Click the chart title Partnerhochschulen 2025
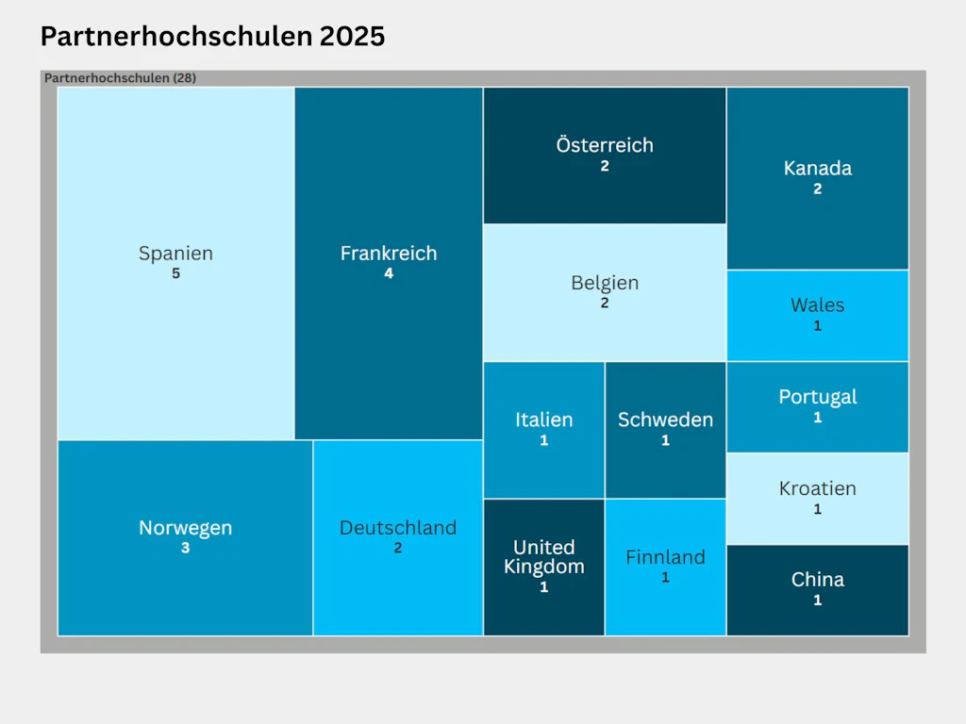coord(212,37)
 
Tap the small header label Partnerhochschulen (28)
coord(120,78)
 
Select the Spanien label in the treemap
coord(175,254)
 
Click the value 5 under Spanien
coord(175,274)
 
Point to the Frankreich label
coord(389,254)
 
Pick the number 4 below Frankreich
coord(389,274)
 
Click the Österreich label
coord(605,145)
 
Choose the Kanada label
coord(818,169)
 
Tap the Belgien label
coord(605,283)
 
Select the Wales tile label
coord(818,305)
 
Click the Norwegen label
coord(185,528)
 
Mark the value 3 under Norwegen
coord(185,548)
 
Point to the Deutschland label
coord(398,528)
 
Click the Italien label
coord(544,420)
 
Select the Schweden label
coord(665,420)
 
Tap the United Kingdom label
coord(544,557)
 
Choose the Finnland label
coord(665,557)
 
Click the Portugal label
coord(818,397)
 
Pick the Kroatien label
coord(818,488)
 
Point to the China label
coord(818,580)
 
